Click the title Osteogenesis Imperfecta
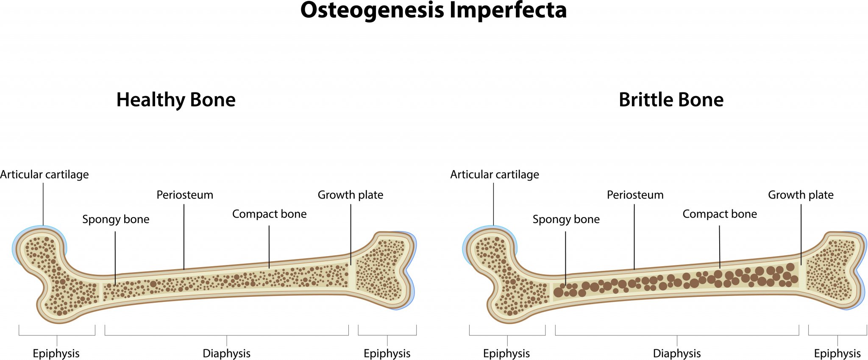433,10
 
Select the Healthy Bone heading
176,100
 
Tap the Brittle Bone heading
671,100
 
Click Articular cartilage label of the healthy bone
45,175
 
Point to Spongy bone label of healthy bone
116,219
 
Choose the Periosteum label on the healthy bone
185,195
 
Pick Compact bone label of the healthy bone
269,214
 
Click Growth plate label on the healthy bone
351,195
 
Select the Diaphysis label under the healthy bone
226,353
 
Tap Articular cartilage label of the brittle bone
495,175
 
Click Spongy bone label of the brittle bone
566,219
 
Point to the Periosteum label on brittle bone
635,195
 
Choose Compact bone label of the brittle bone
719,214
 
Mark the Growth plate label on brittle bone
801,195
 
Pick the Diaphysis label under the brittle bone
676,353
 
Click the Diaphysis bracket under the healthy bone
226,335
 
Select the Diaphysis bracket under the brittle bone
676,335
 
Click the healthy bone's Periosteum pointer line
184,237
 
